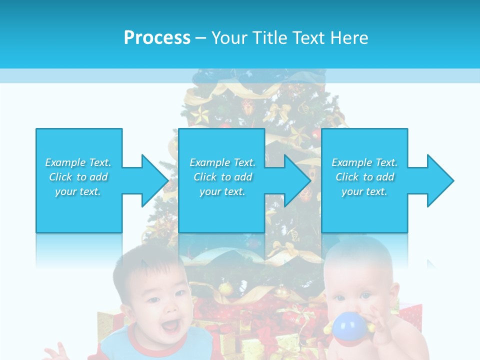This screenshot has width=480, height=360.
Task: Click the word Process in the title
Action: [157, 37]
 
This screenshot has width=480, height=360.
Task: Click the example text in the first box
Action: [78, 177]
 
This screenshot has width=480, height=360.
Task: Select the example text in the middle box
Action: [222, 177]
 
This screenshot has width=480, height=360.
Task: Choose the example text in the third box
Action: [364, 177]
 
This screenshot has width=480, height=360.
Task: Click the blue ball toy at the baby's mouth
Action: [348, 327]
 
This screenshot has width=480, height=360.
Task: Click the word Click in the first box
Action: [61, 177]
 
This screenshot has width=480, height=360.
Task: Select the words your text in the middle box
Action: [222, 191]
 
